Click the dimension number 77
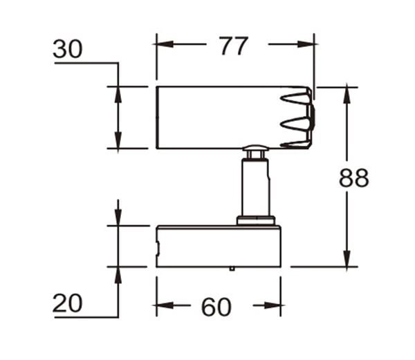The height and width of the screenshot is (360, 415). (x=234, y=46)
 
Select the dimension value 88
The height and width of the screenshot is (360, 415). (x=353, y=178)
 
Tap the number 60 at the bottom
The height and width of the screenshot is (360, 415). (x=216, y=307)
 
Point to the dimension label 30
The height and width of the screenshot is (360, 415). (x=68, y=49)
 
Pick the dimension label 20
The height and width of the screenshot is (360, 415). (x=68, y=303)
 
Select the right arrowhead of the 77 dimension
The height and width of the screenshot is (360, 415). (x=306, y=44)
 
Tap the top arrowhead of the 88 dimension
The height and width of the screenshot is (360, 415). (x=347, y=95)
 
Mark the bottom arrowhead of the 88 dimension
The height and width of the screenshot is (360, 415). (x=347, y=258)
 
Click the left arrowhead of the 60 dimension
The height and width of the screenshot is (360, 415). (x=165, y=305)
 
